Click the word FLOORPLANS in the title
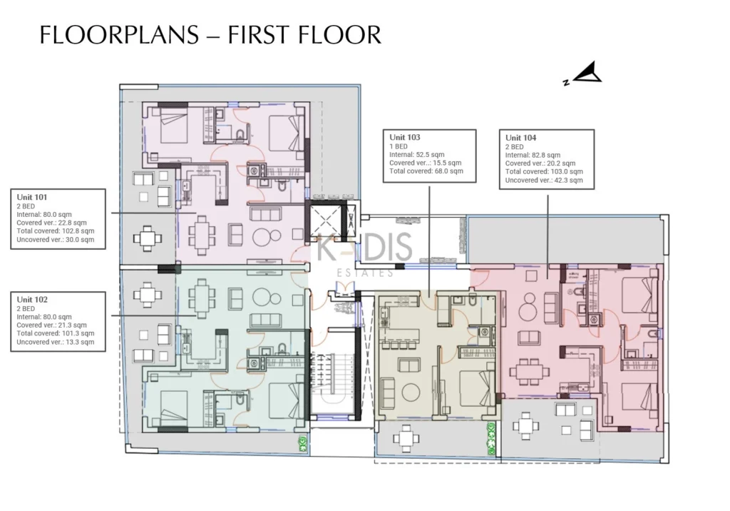coord(119,35)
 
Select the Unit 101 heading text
coord(31,197)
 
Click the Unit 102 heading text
coord(32,299)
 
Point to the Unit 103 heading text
coord(405,137)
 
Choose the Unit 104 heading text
coord(520,138)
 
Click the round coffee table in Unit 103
coord(411,392)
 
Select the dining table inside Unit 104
coord(528,372)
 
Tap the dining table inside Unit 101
coord(202,235)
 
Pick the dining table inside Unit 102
coord(202,298)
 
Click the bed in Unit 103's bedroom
coord(476,388)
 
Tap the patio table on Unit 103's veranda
coord(406,438)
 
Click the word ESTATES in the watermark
coord(365,273)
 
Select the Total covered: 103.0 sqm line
coord(544,171)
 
